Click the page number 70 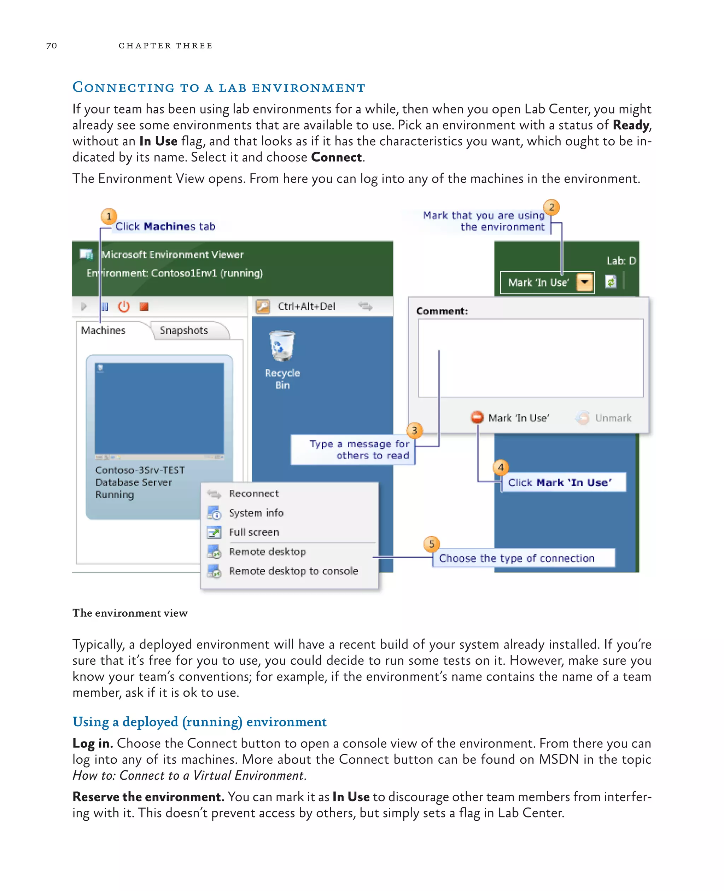coord(51,46)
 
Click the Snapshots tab coord(184,330)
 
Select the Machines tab coord(103,330)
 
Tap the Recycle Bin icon coord(282,346)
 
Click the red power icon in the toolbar coord(124,307)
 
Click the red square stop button coord(144,307)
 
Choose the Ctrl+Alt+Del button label coord(306,307)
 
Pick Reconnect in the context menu coord(253,494)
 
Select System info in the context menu coord(256,513)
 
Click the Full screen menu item coord(253,532)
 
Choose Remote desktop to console coord(293,571)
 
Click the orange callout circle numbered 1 coord(109,216)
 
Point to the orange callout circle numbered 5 coord(431,544)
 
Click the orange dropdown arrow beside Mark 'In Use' coord(585,283)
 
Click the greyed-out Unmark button coord(613,418)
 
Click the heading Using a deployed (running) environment coord(199,722)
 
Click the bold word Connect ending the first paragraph coord(336,157)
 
